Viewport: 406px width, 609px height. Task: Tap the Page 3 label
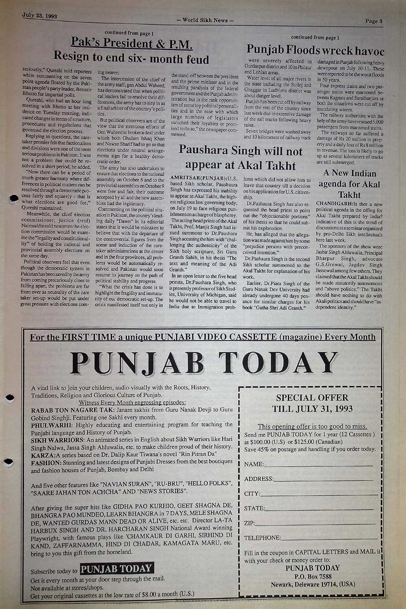(x=374, y=21)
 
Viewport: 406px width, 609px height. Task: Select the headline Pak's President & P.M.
(x=132, y=43)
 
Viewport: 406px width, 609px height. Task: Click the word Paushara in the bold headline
(x=205, y=151)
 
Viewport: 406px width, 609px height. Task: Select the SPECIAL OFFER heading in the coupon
(x=312, y=397)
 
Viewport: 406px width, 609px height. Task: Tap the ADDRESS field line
(x=324, y=480)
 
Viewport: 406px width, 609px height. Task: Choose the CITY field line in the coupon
(x=319, y=495)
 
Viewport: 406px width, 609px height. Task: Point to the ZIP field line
(x=314, y=524)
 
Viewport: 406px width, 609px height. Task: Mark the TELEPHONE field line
(x=328, y=539)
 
